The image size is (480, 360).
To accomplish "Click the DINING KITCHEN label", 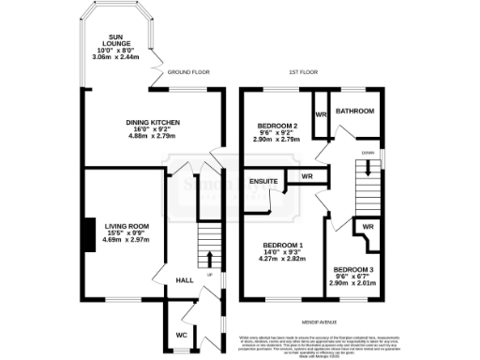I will (153, 122).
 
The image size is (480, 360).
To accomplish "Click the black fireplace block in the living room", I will (87, 234).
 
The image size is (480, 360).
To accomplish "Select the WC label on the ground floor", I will (182, 334).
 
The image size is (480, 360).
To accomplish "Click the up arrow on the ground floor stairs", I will (208, 260).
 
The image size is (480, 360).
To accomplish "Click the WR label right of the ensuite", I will (306, 176).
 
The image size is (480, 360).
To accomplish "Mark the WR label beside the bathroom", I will (320, 114).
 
